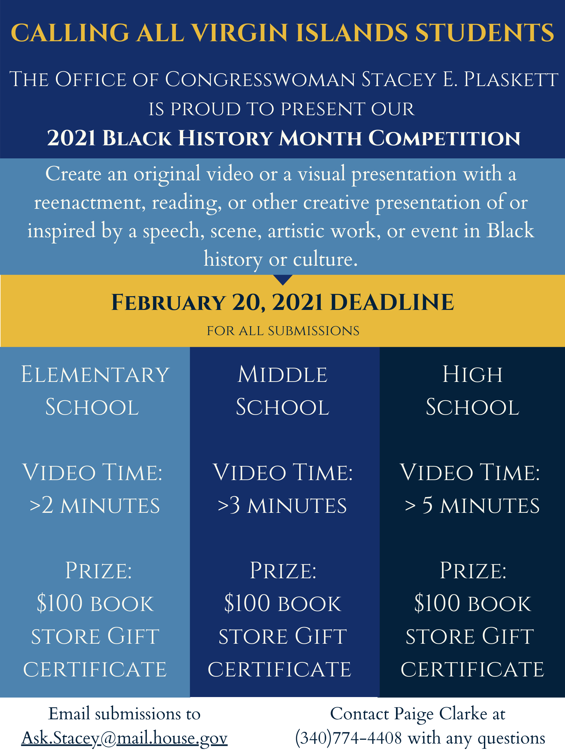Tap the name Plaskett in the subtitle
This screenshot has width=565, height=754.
click(511, 80)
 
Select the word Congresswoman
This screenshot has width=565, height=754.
click(260, 80)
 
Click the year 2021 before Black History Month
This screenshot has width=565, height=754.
click(71, 138)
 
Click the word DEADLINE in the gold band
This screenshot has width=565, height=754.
click(392, 302)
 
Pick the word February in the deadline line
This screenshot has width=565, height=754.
click(168, 302)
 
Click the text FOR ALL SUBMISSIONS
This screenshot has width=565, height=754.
click(283, 331)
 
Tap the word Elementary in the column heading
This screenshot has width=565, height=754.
click(95, 374)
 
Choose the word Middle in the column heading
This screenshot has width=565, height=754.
click(282, 374)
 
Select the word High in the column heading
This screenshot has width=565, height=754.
click(472, 374)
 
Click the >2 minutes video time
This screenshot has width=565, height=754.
click(95, 505)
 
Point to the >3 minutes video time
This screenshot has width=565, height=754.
click(282, 505)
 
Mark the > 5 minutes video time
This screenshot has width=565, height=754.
click(472, 505)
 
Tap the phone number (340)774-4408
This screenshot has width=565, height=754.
click(349, 738)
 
